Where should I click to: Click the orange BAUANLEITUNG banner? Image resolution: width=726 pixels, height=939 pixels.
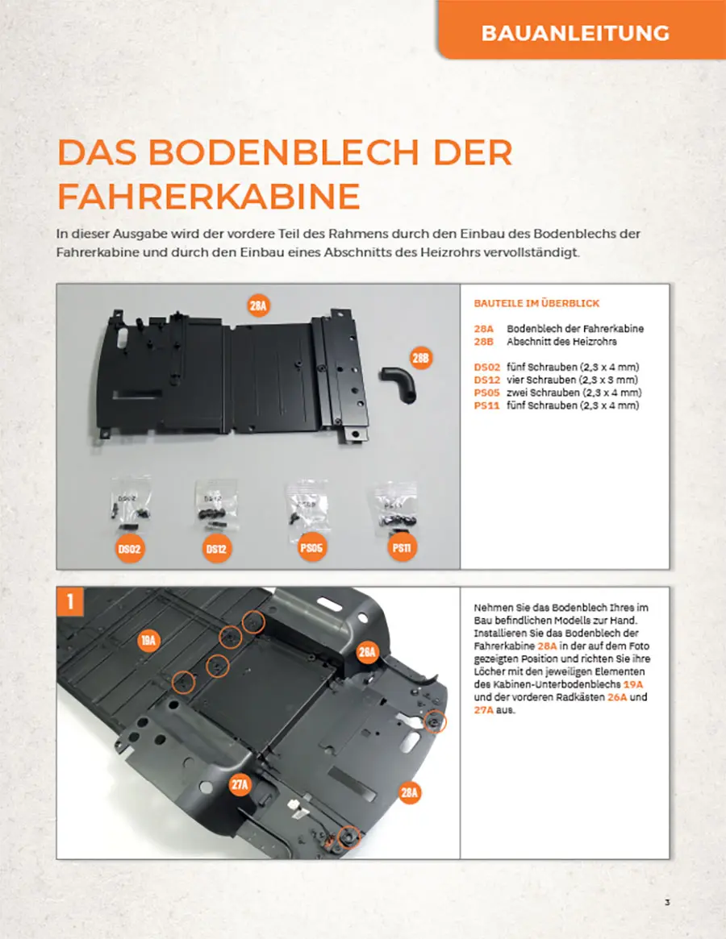click(x=582, y=29)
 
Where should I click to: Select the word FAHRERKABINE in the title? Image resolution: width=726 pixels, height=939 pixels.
click(x=209, y=197)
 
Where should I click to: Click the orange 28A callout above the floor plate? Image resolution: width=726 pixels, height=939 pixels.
click(x=258, y=306)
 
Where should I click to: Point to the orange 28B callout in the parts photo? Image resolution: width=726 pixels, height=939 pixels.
click(x=421, y=358)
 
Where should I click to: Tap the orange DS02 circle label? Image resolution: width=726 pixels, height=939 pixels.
click(x=130, y=549)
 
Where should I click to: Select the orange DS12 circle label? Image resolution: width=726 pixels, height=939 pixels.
click(x=216, y=549)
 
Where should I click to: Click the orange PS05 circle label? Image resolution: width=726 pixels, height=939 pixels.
click(x=311, y=547)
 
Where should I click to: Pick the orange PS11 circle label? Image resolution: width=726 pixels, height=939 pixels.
click(x=402, y=547)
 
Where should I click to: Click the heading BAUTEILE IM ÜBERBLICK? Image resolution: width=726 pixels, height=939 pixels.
click(x=536, y=303)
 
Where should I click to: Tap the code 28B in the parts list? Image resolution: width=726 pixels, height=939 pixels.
click(x=483, y=342)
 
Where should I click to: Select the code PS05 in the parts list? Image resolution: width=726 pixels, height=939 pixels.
click(x=486, y=393)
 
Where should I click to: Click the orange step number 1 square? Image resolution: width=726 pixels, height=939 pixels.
click(x=70, y=601)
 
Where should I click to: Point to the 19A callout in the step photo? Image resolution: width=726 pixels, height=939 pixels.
click(x=148, y=640)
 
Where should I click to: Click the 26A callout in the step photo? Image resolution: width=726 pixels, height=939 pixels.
click(x=368, y=651)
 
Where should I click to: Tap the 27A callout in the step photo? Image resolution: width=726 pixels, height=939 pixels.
click(x=240, y=784)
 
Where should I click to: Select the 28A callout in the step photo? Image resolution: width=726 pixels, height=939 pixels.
click(x=410, y=793)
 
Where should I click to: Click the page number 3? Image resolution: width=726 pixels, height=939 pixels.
click(x=667, y=903)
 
